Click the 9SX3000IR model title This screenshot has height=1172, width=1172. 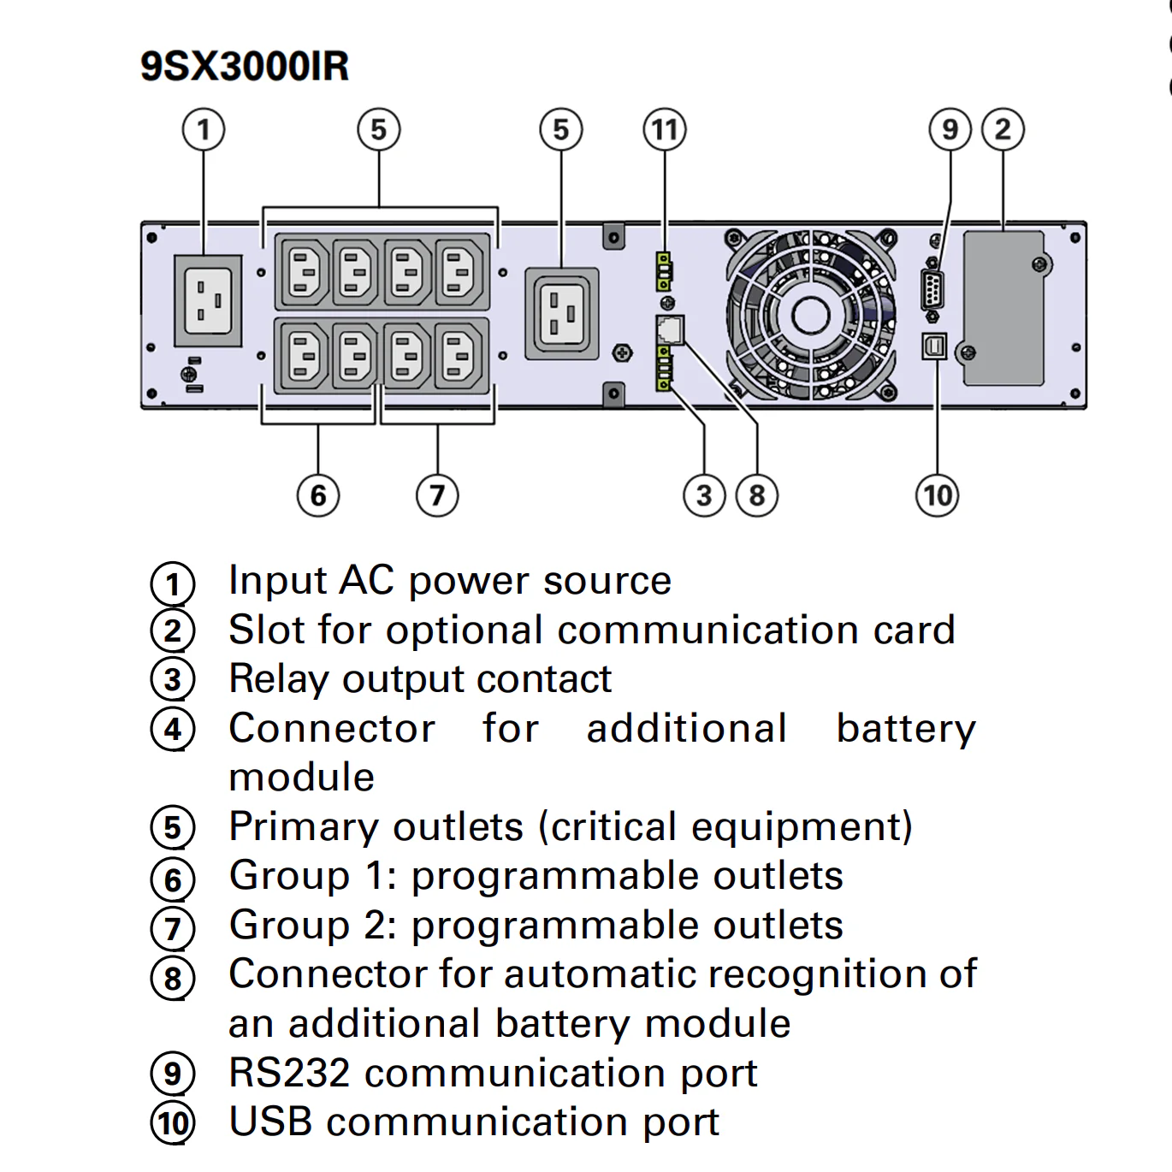click(245, 67)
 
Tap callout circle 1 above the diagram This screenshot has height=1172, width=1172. click(204, 130)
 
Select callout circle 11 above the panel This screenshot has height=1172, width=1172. click(665, 130)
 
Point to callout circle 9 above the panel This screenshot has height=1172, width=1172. click(950, 130)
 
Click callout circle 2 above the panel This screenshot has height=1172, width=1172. click(1003, 130)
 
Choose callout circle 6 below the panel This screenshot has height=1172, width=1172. click(318, 495)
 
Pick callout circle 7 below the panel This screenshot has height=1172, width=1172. click(437, 495)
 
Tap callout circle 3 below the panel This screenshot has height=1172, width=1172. click(704, 495)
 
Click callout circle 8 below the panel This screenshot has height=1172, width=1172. click(757, 495)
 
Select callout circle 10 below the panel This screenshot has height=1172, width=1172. click(938, 495)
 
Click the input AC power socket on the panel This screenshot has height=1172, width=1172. click(209, 300)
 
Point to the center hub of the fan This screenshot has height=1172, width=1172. click(810, 316)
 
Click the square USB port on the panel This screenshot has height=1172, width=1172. click(935, 346)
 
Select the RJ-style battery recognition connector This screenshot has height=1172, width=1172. click(670, 329)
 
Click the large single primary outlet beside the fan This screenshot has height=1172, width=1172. click(561, 313)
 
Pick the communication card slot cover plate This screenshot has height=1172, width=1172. click(1003, 308)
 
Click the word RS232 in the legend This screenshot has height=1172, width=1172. click(289, 1073)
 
